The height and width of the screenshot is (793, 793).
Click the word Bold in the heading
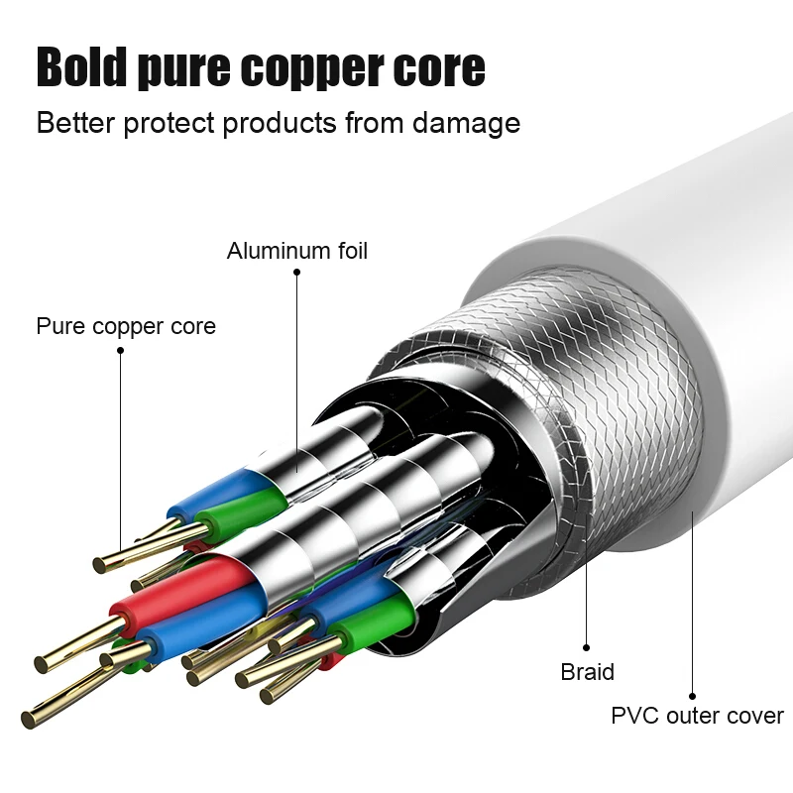point(81,66)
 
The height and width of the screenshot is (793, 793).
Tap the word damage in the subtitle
point(468,123)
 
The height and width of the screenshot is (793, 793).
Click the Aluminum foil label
point(296,251)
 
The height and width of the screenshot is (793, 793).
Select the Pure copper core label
point(126,326)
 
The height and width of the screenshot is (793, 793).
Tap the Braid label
point(587,672)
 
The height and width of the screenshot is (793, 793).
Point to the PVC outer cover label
point(697,716)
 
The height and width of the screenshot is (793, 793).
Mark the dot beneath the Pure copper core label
point(120,348)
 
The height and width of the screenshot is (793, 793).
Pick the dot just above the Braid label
point(587,647)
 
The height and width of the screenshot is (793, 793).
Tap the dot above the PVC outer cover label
point(692,696)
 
